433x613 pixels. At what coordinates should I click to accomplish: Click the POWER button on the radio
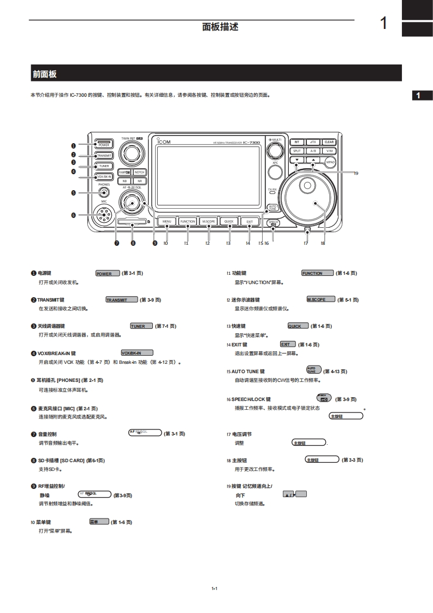tap(103, 145)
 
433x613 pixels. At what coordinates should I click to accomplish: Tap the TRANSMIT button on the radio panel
tap(103, 155)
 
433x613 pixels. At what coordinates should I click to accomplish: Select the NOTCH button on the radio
tap(139, 172)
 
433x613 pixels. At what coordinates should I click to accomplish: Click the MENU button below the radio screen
tap(167, 221)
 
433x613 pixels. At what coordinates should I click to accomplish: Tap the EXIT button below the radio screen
tap(250, 221)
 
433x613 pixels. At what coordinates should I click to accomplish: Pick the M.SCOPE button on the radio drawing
tap(208, 221)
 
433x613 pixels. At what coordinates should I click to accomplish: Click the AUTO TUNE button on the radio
tap(272, 208)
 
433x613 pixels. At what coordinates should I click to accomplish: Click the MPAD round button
tap(330, 163)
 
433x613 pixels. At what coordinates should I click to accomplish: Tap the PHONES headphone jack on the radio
tap(104, 192)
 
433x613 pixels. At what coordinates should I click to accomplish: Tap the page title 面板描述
tap(220, 27)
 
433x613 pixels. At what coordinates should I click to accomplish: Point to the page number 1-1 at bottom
tap(215, 588)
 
